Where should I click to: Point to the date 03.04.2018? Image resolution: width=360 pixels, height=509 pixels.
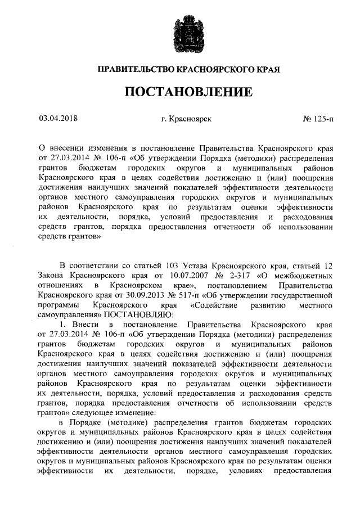click(x=58, y=119)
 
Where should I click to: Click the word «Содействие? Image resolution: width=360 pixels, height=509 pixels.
click(x=215, y=305)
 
